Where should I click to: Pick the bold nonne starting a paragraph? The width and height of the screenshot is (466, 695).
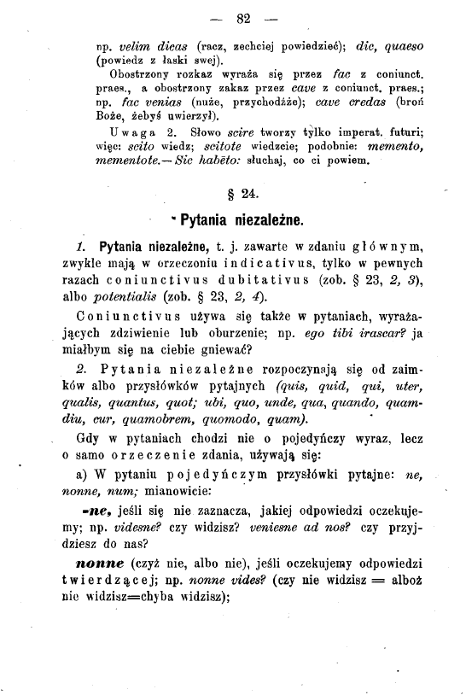(100, 565)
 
